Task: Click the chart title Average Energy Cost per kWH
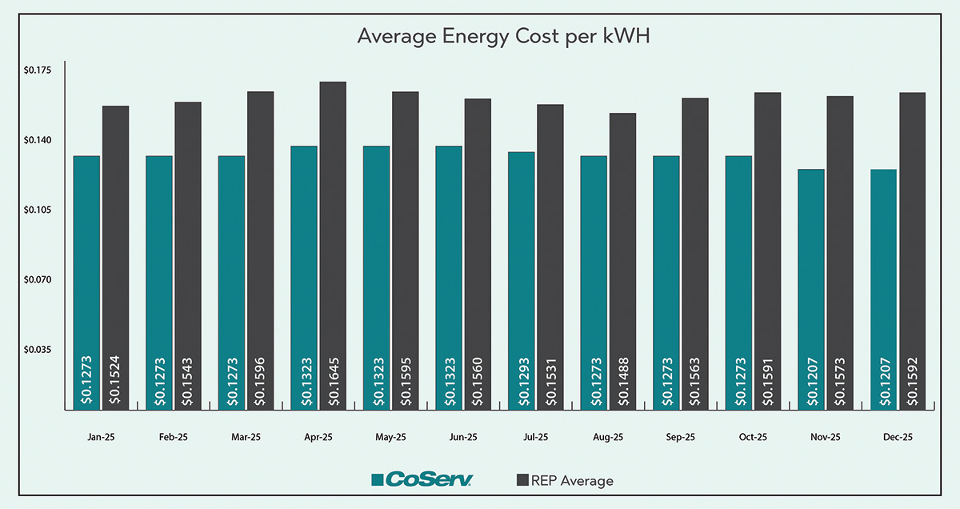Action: pyautogui.click(x=480, y=37)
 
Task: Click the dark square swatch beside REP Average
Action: pyautogui.click(x=522, y=480)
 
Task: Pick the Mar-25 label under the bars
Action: pyautogui.click(x=246, y=437)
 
